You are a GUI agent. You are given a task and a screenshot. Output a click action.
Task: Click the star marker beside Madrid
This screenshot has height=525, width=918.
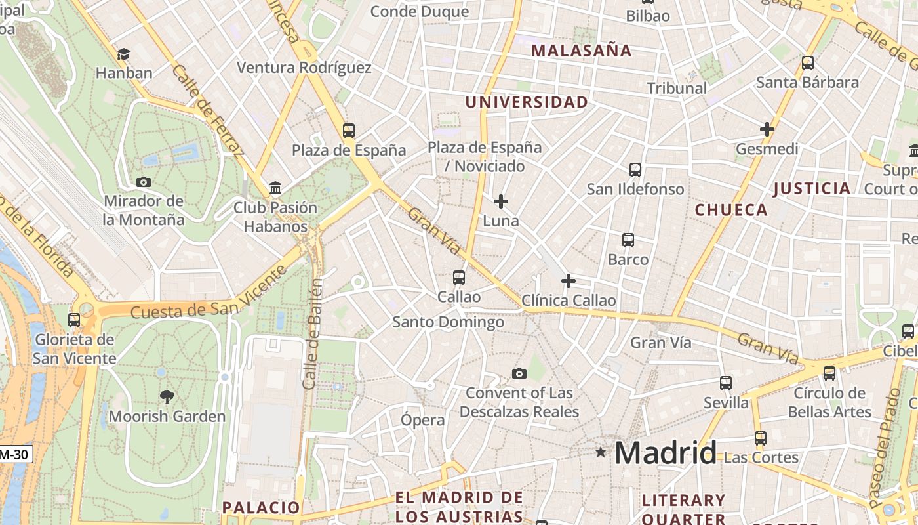601,452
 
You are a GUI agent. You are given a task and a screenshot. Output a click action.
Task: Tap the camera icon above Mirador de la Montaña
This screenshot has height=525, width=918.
144,182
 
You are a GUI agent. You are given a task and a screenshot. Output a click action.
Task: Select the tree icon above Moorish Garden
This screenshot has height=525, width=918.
167,396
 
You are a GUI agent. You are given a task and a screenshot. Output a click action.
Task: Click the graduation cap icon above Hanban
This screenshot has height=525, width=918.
123,54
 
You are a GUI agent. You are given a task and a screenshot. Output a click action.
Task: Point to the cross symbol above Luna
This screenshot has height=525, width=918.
501,201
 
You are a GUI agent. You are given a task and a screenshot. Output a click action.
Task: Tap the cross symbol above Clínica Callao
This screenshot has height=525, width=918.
569,282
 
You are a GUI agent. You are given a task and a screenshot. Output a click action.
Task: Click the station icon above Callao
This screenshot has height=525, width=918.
459,278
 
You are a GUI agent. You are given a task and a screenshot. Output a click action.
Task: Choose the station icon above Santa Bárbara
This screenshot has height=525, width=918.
808,63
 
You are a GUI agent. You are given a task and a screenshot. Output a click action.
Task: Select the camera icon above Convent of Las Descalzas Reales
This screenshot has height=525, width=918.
519,374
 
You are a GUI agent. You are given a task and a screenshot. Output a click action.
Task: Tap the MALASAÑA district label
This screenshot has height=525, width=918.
581,51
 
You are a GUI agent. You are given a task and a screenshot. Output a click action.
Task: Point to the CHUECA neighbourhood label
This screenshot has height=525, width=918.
730,210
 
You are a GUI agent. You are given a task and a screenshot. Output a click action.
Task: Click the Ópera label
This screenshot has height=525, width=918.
422,420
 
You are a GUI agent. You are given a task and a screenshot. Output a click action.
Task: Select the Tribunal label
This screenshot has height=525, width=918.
677,88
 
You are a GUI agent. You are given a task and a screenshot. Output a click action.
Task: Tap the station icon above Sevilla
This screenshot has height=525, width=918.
725,383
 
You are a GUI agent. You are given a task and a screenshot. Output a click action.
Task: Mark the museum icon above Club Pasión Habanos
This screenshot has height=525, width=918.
275,188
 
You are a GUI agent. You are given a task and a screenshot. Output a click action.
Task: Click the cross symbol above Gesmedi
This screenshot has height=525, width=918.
767,129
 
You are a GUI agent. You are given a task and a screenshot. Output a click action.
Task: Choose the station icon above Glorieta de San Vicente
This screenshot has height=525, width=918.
74,320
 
